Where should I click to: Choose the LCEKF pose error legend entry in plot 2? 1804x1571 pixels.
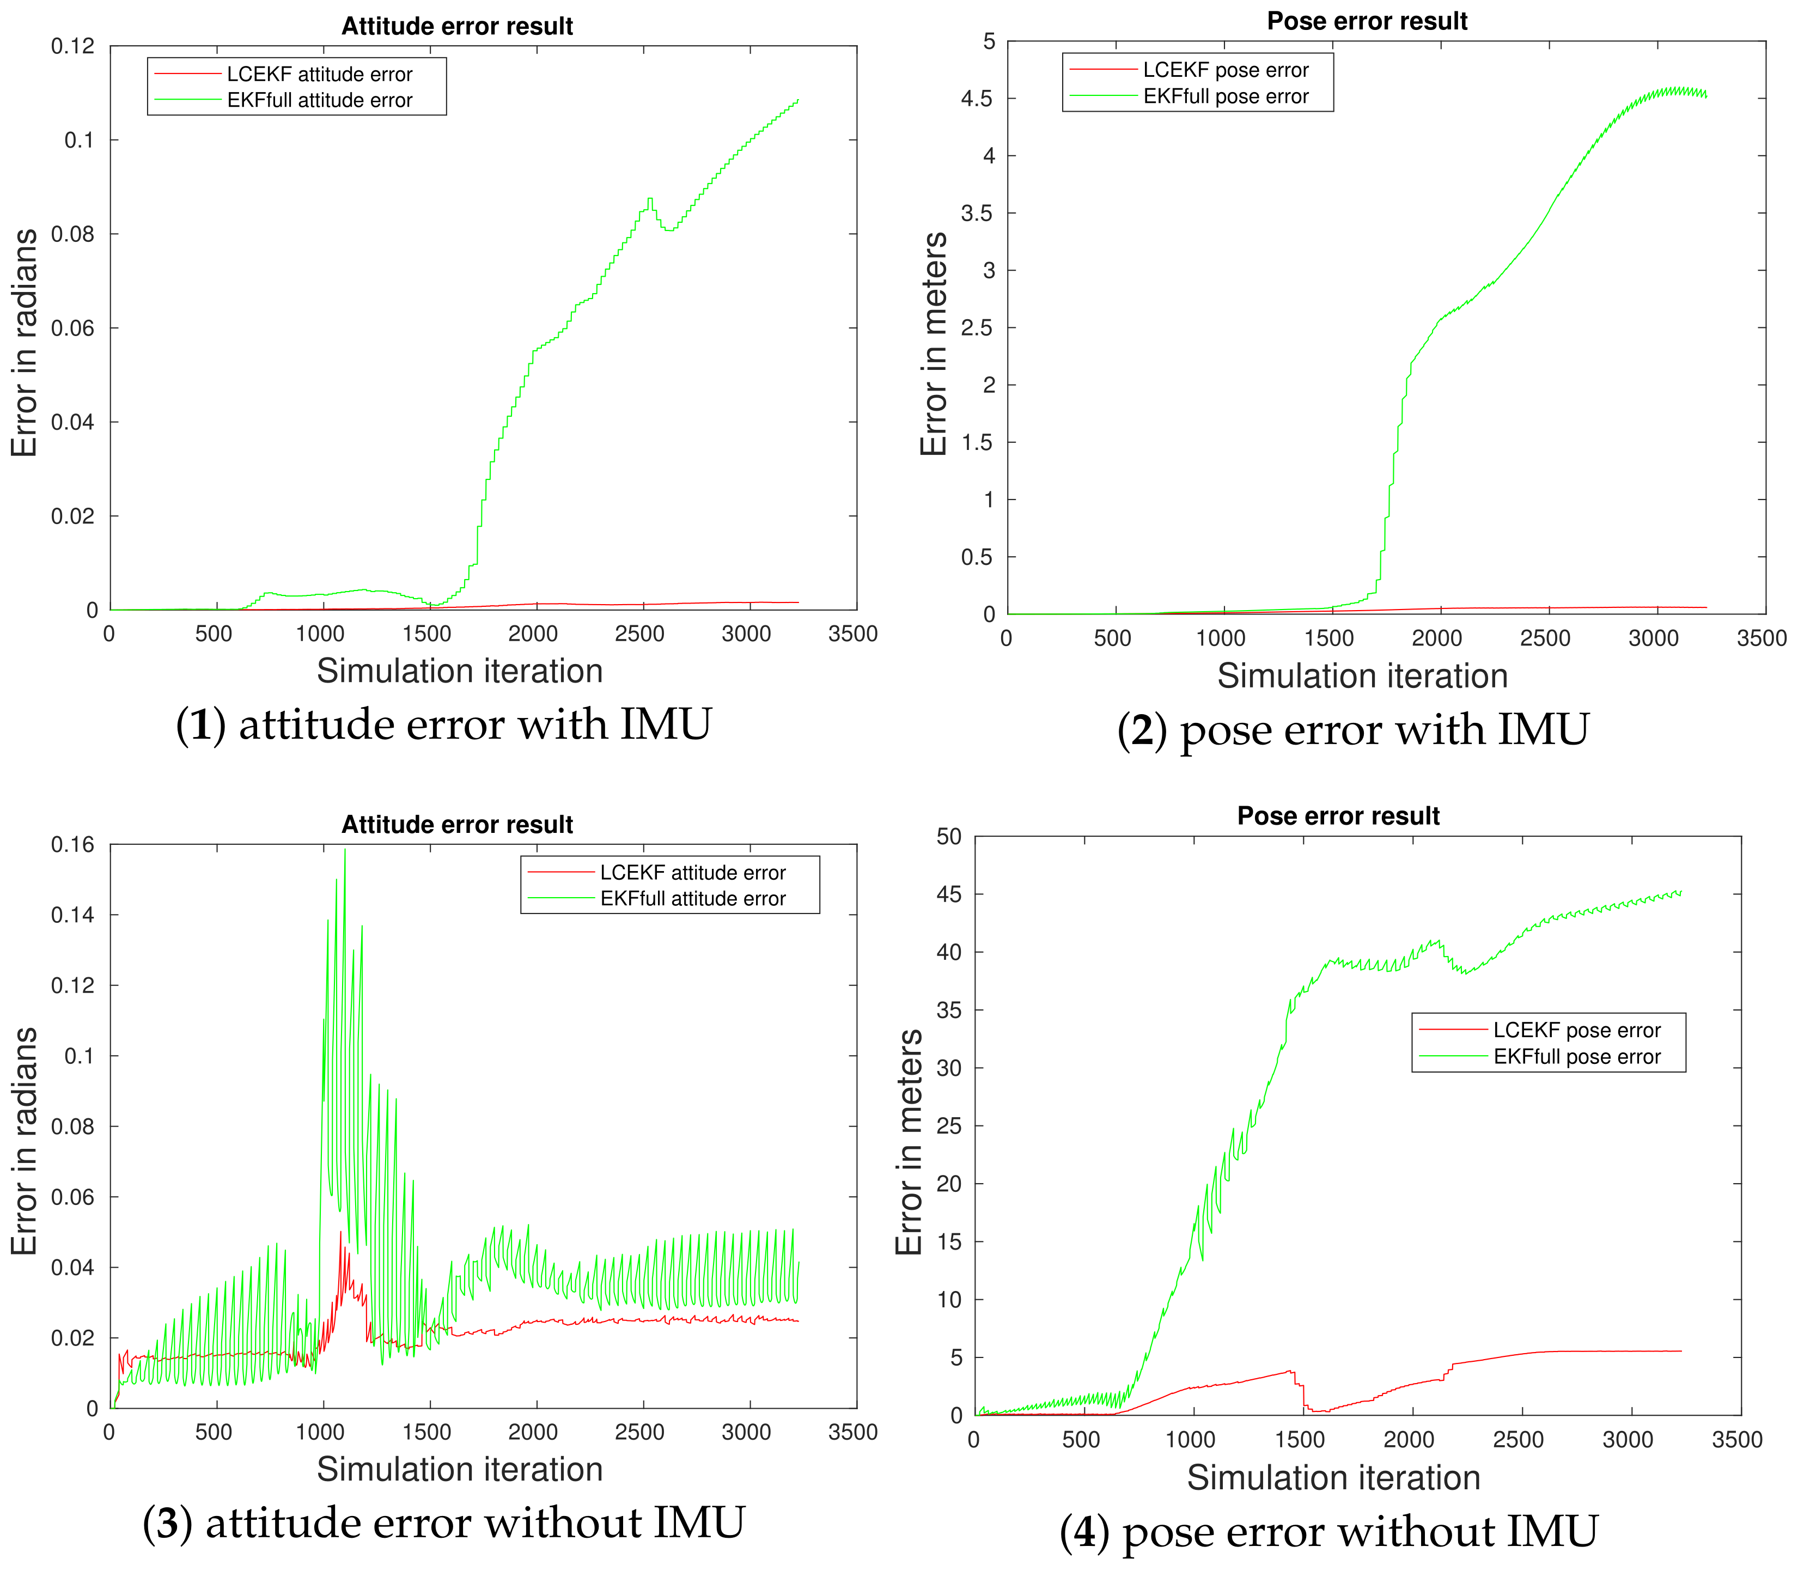coord(1224,69)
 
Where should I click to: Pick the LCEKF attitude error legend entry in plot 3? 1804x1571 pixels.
coord(692,872)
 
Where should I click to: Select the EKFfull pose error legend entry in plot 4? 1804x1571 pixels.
coord(1576,1056)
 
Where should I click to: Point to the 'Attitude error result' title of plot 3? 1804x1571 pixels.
coord(456,824)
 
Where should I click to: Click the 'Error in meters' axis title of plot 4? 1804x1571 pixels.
coord(909,1141)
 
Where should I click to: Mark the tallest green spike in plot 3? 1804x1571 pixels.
coord(344,850)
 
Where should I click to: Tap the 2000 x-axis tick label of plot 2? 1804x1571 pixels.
coord(1436,638)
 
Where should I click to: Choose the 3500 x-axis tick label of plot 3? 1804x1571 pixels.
coord(852,1433)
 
